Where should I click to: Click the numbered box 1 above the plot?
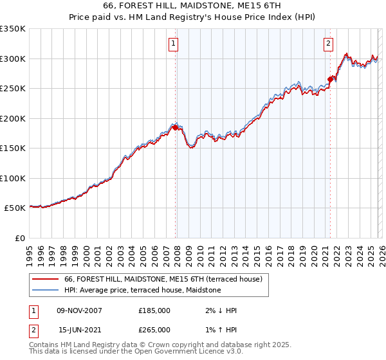point(174,44)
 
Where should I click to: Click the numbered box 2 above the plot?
point(328,44)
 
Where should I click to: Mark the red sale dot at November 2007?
point(175,127)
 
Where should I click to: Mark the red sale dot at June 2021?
point(330,80)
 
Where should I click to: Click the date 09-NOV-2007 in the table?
point(79,310)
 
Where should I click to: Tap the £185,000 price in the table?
point(154,310)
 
